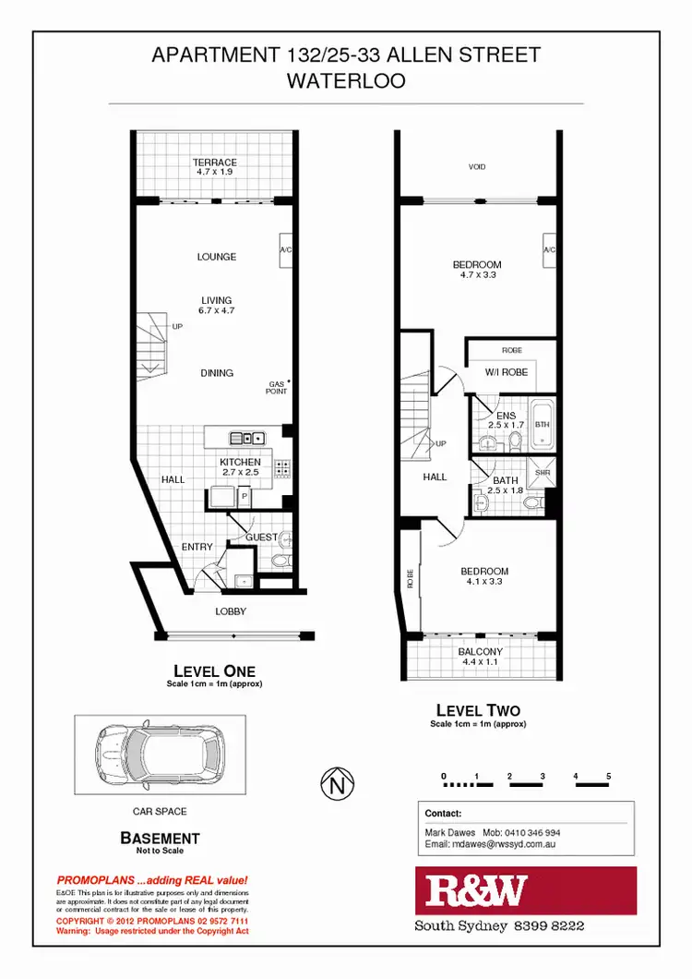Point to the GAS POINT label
277,388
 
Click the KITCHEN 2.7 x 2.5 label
240,467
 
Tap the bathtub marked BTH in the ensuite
542,426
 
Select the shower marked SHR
542,473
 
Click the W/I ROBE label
506,373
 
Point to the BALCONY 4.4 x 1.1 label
481,657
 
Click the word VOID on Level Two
477,167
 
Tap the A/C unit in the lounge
286,250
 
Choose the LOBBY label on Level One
231,611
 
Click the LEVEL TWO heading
477,710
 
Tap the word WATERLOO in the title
346,80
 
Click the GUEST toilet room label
261,537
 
